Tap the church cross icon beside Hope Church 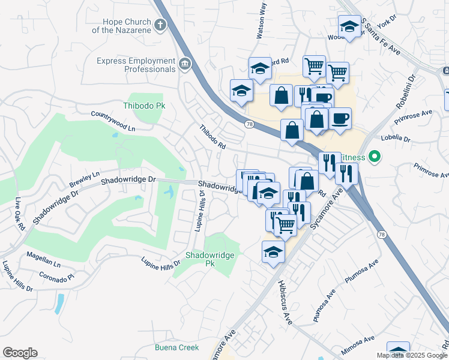[x=160, y=25]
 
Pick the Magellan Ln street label [x=44, y=259]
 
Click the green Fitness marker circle [x=375, y=157]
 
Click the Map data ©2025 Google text [x=412, y=355]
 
